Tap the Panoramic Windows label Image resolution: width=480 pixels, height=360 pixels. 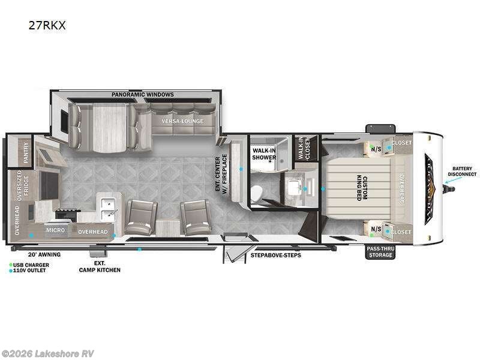pos(143,95)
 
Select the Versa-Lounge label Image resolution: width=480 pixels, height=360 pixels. pos(182,121)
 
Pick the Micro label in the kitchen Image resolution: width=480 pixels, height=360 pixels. pos(55,230)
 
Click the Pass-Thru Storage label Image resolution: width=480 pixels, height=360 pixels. pos(380,252)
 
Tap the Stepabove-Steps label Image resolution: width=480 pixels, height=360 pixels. pos(276,255)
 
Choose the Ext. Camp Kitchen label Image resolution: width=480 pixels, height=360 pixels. pos(100,266)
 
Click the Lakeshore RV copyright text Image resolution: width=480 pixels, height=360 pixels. pos(48,354)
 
